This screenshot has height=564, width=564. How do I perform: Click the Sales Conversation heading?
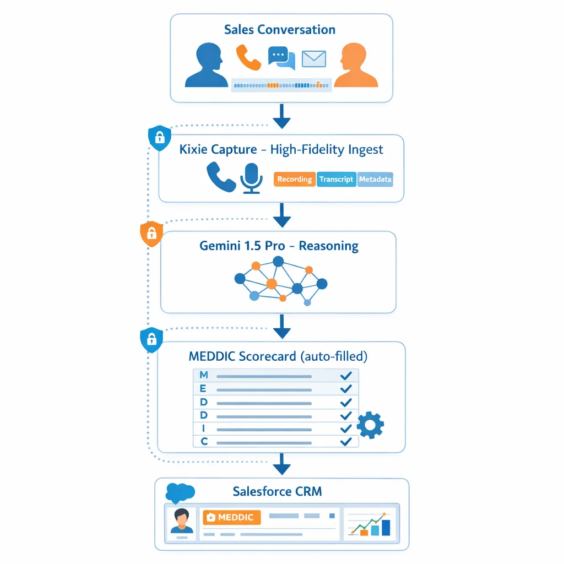pyautogui.click(x=280, y=30)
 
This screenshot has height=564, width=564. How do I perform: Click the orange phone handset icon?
pyautogui.click(x=248, y=58)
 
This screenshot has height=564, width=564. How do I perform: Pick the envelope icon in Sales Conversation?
pyautogui.click(x=314, y=59)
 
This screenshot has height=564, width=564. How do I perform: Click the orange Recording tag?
pyautogui.click(x=295, y=180)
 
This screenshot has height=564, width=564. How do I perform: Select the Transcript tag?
pyautogui.click(x=336, y=180)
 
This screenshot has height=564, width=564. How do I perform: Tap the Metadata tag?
pyautogui.click(x=375, y=180)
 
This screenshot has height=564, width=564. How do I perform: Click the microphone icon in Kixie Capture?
pyautogui.click(x=251, y=177)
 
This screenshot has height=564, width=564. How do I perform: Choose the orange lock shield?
pyautogui.click(x=152, y=234)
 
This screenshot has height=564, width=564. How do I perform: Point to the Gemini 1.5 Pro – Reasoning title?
pyautogui.click(x=279, y=246)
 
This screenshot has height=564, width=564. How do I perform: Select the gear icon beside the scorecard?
pyautogui.click(x=370, y=425)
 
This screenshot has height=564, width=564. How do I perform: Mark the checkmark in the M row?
pyautogui.click(x=346, y=376)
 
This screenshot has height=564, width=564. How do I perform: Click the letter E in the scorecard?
pyautogui.click(x=204, y=389)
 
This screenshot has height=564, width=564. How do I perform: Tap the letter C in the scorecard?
pyautogui.click(x=204, y=441)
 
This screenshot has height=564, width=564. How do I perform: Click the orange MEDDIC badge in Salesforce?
pyautogui.click(x=231, y=517)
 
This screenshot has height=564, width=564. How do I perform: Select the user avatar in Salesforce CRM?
pyautogui.click(x=181, y=521)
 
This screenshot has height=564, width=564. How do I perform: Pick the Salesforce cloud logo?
pyautogui.click(x=180, y=492)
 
